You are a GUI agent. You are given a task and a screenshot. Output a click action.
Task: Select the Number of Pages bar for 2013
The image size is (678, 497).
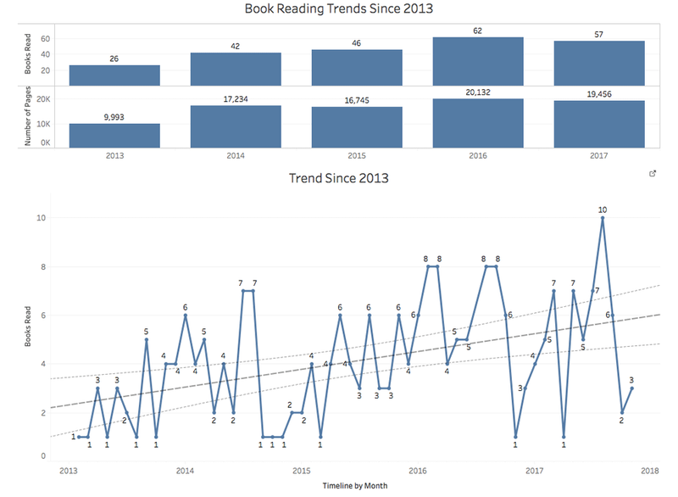114,135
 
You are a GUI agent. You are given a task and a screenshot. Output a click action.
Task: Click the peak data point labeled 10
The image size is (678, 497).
603,218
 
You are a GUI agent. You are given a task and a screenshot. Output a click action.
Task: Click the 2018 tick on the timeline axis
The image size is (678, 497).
650,470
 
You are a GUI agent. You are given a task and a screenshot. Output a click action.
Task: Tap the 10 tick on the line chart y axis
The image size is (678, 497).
42,218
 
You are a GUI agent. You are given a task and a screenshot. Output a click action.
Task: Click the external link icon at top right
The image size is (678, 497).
652,174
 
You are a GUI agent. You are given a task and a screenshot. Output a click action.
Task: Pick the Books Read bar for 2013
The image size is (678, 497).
114,75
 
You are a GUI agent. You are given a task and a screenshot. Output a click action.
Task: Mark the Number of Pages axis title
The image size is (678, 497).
29,118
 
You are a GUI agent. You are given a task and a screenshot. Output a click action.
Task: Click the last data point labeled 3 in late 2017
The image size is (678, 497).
631,388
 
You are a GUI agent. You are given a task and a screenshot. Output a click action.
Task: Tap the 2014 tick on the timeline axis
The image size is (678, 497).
185,470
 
